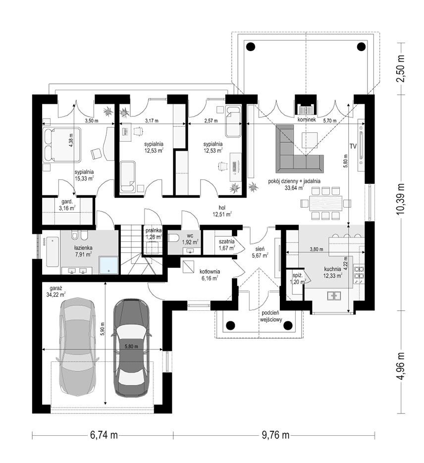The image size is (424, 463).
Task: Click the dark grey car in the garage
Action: pyautogui.click(x=131, y=348)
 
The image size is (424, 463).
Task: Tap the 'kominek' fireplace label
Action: pyautogui.click(x=307, y=119)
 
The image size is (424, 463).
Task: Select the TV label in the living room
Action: pyautogui.click(x=353, y=146)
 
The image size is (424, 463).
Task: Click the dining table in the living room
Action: pyautogui.click(x=326, y=203)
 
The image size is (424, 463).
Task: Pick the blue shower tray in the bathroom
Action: pyautogui.click(x=109, y=265)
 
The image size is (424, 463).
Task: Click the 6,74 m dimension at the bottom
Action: pyautogui.click(x=104, y=435)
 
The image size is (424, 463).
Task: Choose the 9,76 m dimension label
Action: pyautogui.click(x=275, y=435)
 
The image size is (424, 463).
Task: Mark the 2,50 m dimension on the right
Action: pyautogui.click(x=401, y=69)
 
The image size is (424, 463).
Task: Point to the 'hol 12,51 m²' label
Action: pyautogui.click(x=222, y=211)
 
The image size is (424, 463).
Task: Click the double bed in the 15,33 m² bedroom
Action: pyautogui.click(x=62, y=145)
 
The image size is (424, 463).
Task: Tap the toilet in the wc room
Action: pyautogui.click(x=174, y=238)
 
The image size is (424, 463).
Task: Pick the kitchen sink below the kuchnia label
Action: pyautogui.click(x=334, y=295)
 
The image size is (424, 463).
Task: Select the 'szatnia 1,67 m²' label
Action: pyautogui.click(x=226, y=245)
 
